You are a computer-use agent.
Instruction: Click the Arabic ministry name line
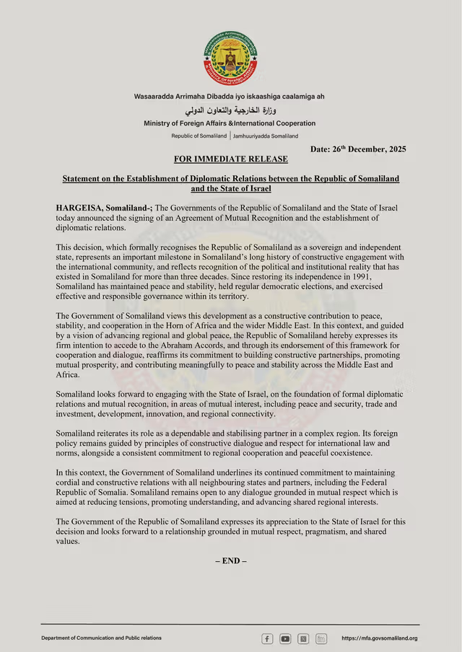230,110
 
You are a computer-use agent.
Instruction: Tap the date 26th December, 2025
358,149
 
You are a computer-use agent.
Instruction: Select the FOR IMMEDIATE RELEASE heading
230,159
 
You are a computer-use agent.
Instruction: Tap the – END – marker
230,560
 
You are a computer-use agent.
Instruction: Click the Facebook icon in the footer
267,638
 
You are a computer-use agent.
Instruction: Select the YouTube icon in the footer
285,638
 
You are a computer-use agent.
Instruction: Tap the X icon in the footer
303,638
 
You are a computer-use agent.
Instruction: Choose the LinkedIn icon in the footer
321,638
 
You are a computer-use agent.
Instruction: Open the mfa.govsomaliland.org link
379,638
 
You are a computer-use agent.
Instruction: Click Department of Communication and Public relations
101,638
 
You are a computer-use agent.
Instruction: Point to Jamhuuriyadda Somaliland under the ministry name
265,136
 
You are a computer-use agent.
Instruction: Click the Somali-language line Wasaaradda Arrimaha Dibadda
229,97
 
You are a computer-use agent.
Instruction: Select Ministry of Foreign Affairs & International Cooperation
230,123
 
